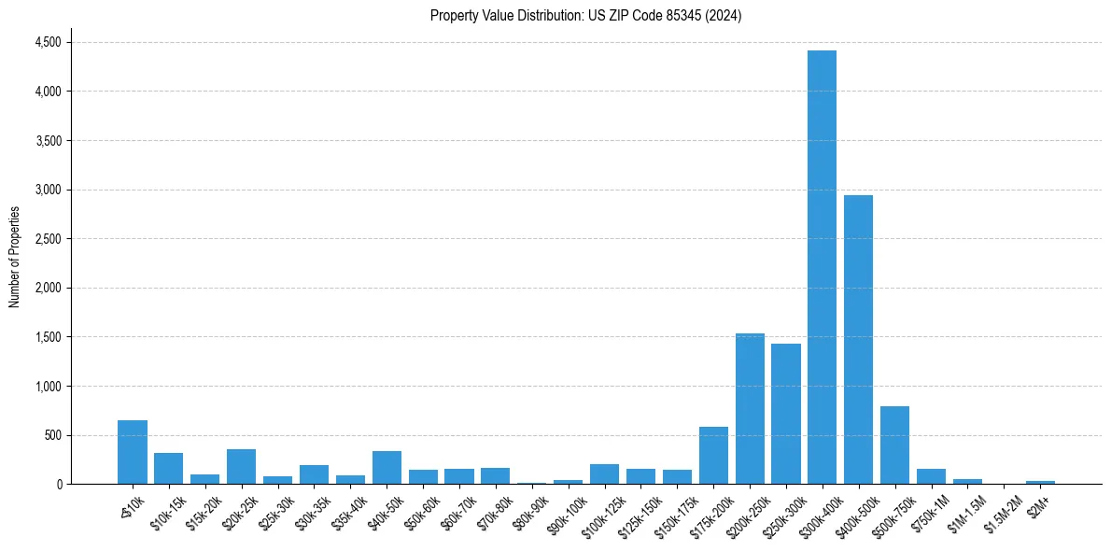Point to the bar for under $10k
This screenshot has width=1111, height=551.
click(x=133, y=452)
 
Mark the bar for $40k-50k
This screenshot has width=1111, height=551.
click(x=387, y=467)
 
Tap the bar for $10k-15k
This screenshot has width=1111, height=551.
click(x=169, y=468)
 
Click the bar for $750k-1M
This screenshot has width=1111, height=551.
click(x=931, y=476)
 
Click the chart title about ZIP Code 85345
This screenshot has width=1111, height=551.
click(x=585, y=16)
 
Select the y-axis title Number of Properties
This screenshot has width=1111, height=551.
click(x=15, y=256)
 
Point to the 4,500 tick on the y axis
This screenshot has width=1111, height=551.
click(x=48, y=43)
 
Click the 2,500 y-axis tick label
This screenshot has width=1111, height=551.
click(x=48, y=239)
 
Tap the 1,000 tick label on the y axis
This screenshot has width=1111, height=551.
click(x=48, y=387)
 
